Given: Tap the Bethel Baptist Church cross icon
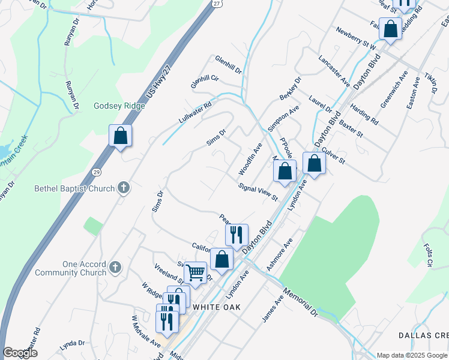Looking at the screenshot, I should pos(123,188).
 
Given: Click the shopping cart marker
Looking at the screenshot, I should pos(195,273).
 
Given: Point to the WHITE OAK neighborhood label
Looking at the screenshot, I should pos(217,307).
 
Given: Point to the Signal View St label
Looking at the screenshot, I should pos(258,192).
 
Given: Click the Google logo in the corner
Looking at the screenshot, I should pos(20,353).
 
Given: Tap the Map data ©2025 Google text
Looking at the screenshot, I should pos(412,355).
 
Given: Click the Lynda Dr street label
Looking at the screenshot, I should pos(72,344).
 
